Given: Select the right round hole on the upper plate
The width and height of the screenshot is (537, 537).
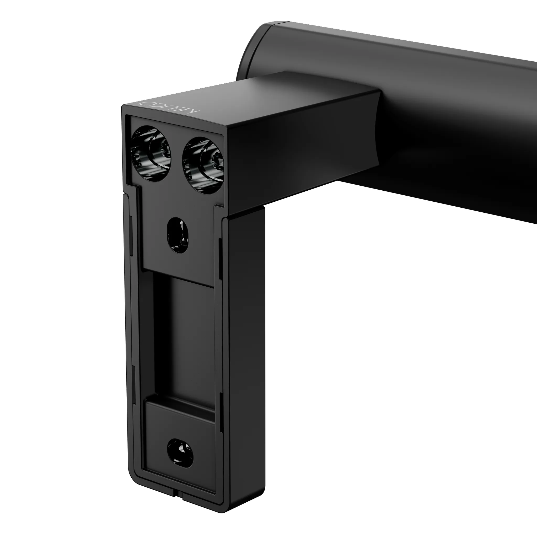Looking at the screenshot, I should tap(203, 165).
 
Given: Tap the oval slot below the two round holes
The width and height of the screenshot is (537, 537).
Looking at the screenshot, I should tap(178, 235).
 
